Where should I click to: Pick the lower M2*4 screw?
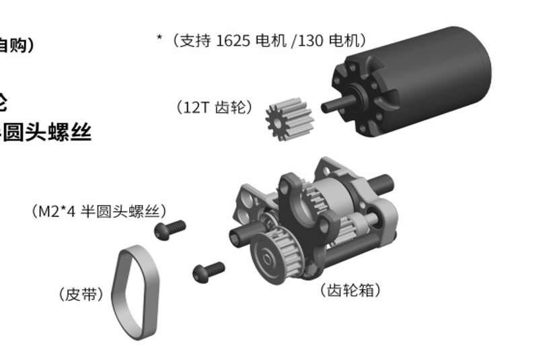pyautogui.click(x=209, y=271)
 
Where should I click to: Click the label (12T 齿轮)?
pyautogui.click(x=214, y=107)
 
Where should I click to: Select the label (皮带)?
pyautogui.click(x=81, y=294)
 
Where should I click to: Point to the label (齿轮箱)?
pyautogui.click(x=351, y=291)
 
